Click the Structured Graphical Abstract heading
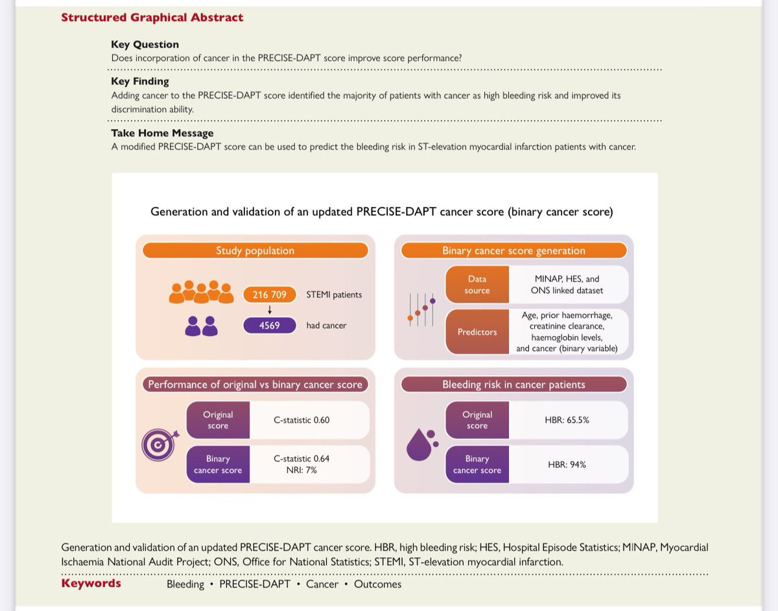click(152, 18)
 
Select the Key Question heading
click(145, 44)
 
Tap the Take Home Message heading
click(162, 133)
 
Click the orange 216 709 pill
click(270, 294)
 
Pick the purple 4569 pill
click(270, 325)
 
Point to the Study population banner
click(255, 250)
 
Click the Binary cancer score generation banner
click(513, 250)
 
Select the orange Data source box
click(477, 285)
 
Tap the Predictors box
click(477, 331)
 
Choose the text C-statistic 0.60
click(301, 420)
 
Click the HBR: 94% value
click(567, 464)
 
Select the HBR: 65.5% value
click(567, 420)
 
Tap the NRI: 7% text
click(301, 470)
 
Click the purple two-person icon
click(201, 326)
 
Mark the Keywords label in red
click(91, 583)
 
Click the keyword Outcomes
click(377, 584)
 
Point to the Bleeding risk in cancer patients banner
click(513, 385)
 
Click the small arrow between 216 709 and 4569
click(270, 310)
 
